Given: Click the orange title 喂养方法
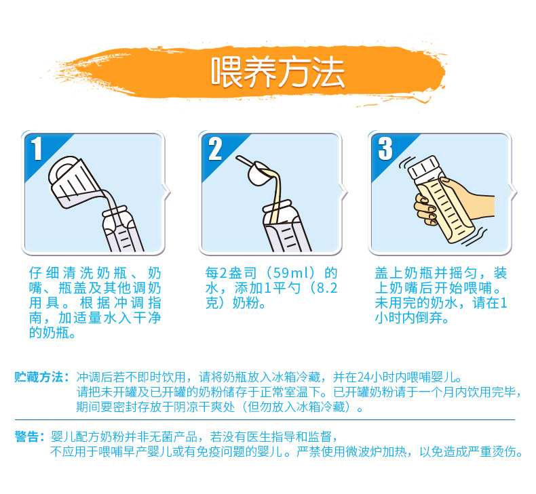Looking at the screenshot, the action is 277,73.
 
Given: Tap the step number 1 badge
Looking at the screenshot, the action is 37,148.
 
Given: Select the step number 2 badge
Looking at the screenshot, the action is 215,149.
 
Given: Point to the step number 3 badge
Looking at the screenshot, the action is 385,148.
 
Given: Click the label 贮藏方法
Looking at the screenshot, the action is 39,377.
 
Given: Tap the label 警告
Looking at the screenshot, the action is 26,436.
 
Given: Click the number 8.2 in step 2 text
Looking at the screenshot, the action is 327,288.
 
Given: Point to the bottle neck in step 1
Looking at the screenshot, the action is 115,212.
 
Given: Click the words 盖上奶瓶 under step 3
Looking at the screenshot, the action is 404,273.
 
